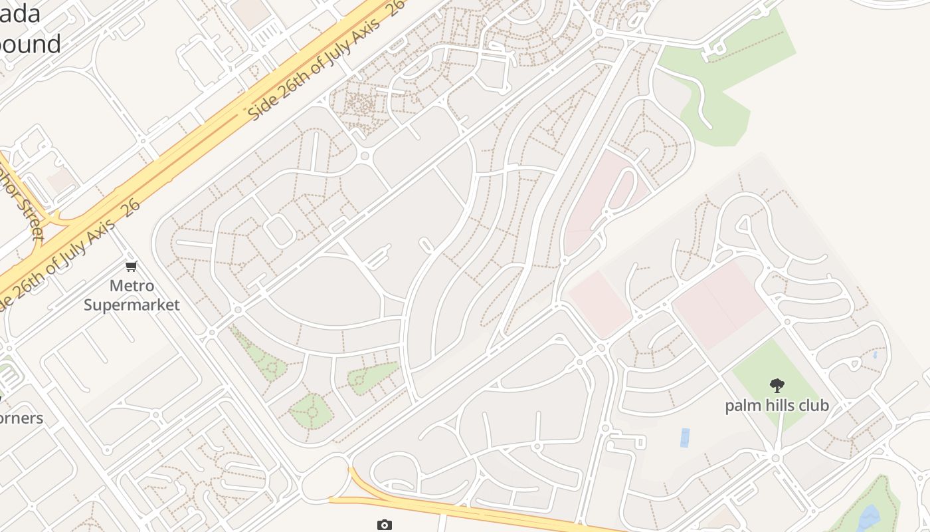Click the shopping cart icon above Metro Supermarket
(132, 267)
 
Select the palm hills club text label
(777, 405)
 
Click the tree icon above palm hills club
(777, 385)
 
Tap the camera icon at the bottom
(384, 525)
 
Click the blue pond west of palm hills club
(684, 438)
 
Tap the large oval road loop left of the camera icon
(325, 478)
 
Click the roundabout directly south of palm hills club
(776, 458)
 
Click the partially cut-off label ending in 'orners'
(21, 418)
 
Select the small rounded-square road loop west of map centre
(280, 231)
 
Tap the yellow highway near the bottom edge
(465, 510)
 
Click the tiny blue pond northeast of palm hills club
(875, 354)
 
